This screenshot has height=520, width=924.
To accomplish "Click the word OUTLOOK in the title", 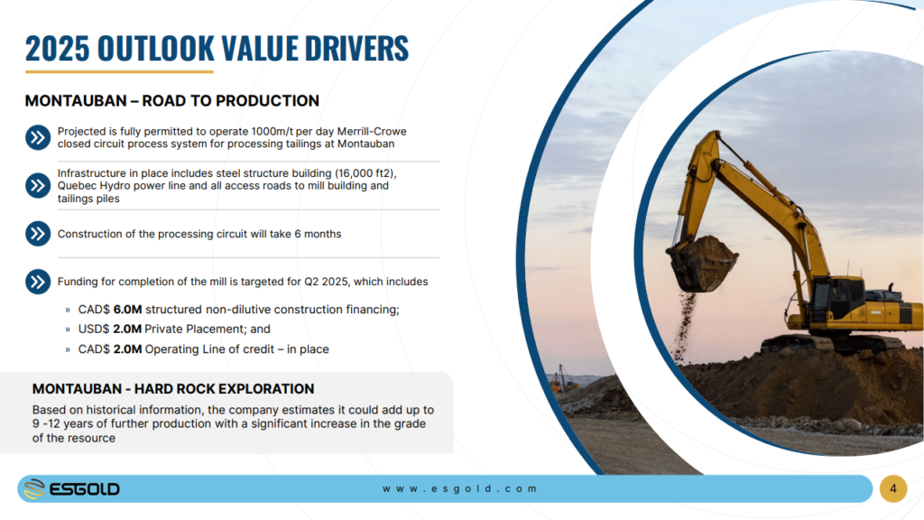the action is [x=155, y=49].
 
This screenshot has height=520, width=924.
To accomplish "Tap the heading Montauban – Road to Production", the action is [x=172, y=101].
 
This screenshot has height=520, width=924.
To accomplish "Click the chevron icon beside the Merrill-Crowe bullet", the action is [x=38, y=137].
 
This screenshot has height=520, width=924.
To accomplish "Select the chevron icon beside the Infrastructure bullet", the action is [x=38, y=186].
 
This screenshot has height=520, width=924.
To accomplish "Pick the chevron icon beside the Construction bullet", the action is [x=38, y=234].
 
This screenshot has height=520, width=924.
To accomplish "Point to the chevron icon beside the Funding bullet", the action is [x=38, y=282].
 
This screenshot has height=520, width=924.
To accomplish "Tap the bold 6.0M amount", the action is [x=128, y=310].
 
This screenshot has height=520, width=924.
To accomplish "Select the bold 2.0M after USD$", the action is [x=127, y=329].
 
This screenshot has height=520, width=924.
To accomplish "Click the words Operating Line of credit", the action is [x=209, y=349].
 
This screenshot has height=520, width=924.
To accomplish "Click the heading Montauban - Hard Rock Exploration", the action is [x=173, y=389].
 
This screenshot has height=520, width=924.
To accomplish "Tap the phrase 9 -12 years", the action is [x=64, y=424].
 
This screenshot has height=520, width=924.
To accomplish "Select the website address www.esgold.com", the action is [x=459, y=488].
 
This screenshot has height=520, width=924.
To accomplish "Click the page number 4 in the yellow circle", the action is [x=893, y=488].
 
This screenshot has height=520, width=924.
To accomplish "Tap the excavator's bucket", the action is [x=700, y=264].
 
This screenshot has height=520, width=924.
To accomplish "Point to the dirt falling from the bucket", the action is [x=685, y=323].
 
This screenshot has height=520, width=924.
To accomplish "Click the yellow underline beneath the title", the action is [x=119, y=72].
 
